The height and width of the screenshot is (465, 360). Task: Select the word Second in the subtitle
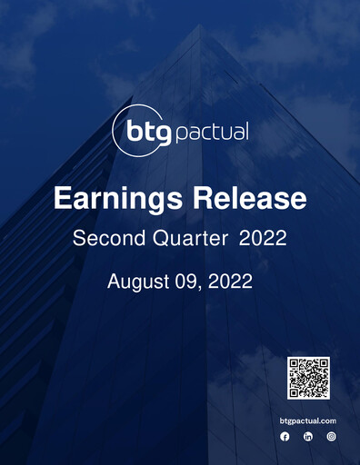pos(104,239)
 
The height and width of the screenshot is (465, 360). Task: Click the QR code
pos(308,378)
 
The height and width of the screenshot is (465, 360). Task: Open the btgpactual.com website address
pos(308,420)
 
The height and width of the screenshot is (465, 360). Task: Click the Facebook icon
pos(285,437)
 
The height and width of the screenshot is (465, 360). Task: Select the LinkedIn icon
pos(308,437)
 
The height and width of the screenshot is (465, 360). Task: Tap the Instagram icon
pos(332,437)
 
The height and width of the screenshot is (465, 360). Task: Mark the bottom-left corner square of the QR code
pos(295,391)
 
